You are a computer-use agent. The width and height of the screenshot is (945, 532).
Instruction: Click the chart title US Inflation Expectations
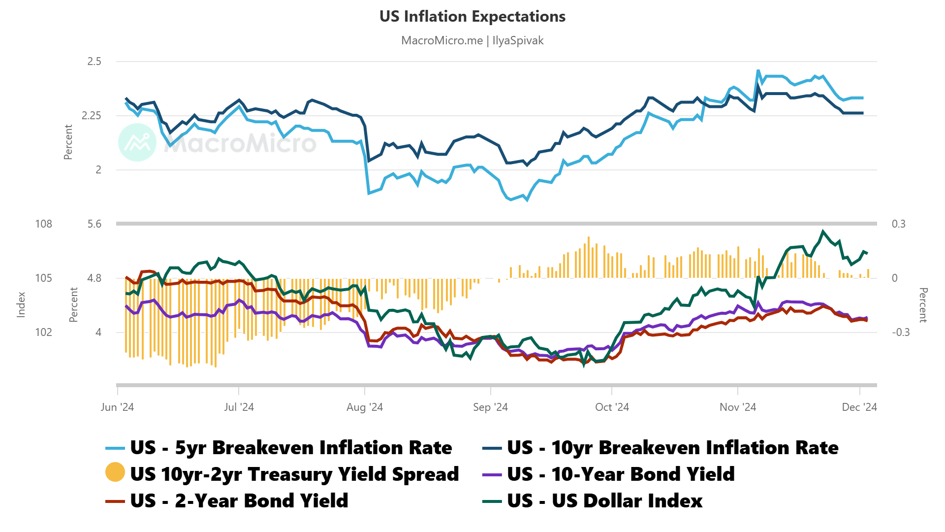(x=472, y=16)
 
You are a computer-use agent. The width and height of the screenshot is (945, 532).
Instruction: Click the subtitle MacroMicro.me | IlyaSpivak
(x=472, y=40)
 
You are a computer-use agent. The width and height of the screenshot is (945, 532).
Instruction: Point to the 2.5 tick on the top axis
(x=94, y=62)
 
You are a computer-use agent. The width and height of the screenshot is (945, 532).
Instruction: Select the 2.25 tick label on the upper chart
(x=91, y=116)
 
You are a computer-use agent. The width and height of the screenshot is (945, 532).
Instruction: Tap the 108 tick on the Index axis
(x=43, y=224)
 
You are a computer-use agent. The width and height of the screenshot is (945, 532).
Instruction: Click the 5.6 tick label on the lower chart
(x=94, y=224)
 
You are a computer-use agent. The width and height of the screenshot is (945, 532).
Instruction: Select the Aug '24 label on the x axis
(x=364, y=407)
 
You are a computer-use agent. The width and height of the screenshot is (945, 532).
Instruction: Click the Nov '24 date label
(x=737, y=407)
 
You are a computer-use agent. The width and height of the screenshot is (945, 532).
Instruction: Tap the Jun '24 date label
(x=117, y=407)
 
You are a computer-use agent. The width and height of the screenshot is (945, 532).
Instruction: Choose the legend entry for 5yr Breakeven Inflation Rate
(x=290, y=448)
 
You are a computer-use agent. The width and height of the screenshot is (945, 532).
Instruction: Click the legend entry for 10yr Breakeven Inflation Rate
(x=672, y=448)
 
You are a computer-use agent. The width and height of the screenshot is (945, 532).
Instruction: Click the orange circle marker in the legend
(x=115, y=472)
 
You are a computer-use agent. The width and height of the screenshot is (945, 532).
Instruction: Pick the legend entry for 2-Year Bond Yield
(x=239, y=501)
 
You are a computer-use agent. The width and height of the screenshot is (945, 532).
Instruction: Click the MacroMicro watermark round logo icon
(x=137, y=142)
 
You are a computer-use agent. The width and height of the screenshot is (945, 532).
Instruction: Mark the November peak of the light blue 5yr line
(x=758, y=71)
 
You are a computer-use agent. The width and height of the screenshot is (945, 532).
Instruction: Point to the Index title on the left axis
(x=21, y=304)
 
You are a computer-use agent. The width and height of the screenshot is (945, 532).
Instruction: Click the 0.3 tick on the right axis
(x=898, y=224)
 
